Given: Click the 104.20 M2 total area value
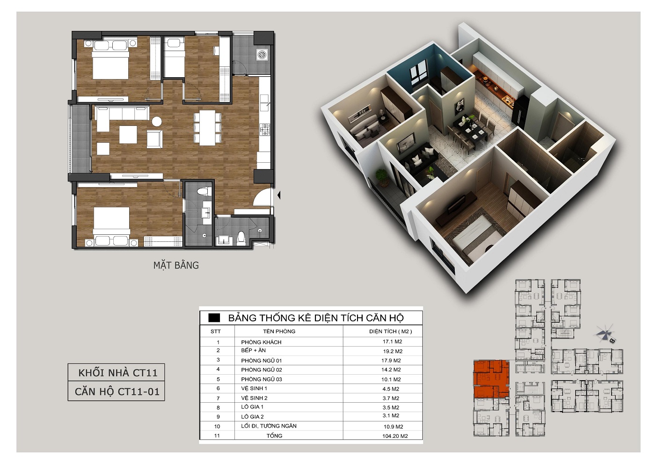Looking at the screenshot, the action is (395, 436).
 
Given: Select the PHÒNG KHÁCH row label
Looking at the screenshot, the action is (261, 342).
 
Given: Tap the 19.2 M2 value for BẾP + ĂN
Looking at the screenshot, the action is (393, 351).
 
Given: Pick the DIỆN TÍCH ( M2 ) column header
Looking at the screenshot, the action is (390, 332).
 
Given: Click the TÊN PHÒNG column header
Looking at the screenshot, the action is (279, 331).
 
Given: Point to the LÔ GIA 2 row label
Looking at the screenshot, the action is (252, 416).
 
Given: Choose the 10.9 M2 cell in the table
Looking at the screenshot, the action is (394, 427).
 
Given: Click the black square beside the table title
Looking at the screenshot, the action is (214, 318).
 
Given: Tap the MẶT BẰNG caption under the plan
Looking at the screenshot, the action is (176, 265).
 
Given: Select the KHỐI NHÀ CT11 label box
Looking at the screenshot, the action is (116, 372).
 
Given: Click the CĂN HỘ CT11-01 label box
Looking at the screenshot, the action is (116, 391).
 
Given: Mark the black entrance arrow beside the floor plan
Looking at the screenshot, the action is (279, 195).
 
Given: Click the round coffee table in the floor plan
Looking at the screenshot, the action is (157, 121).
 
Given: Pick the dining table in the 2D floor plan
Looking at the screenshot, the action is (207, 128).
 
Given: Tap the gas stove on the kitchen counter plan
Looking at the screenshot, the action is (265, 129).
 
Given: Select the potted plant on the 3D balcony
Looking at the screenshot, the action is (382, 177).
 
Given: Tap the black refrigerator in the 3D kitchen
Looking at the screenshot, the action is (521, 109).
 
